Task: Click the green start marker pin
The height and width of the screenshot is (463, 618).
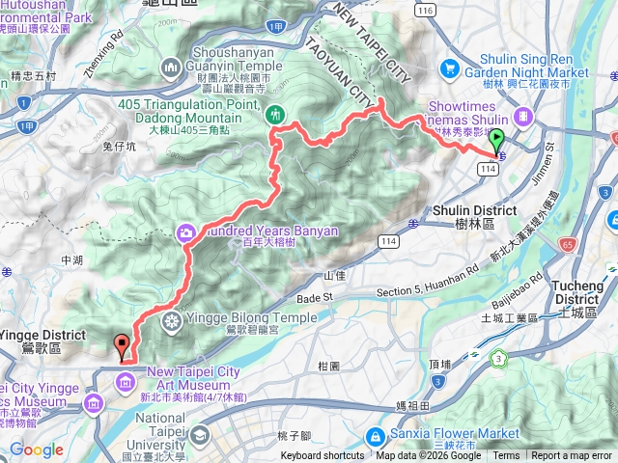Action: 497,143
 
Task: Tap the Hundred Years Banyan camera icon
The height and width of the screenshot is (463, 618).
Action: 184,231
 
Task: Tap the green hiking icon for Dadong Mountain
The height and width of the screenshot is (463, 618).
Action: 274,113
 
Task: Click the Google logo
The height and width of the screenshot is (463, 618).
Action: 37,449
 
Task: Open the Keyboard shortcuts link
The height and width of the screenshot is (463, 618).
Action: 323,456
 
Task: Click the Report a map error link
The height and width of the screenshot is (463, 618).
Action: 573,456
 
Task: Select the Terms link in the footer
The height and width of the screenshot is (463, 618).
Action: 505,456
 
